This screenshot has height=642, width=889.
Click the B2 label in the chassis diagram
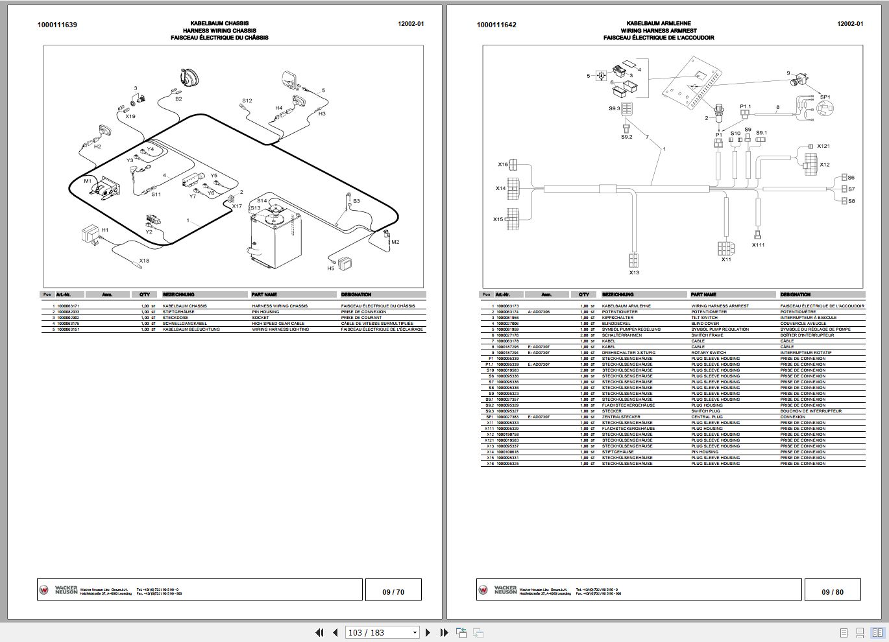(178, 99)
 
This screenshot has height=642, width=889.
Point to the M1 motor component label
(88, 182)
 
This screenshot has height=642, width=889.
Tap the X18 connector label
(144, 261)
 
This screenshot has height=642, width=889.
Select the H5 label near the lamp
(331, 268)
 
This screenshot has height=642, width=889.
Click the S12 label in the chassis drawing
(247, 101)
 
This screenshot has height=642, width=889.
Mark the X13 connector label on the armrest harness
(633, 272)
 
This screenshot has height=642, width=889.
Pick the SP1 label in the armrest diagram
(825, 97)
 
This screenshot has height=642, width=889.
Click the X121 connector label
(823, 147)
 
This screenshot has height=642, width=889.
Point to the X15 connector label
(498, 219)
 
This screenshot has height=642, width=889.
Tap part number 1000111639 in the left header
(58, 25)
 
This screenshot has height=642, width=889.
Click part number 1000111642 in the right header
(496, 25)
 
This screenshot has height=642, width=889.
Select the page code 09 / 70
(393, 591)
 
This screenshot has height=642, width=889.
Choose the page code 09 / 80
(833, 591)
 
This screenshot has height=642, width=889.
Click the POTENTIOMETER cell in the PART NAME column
(709, 312)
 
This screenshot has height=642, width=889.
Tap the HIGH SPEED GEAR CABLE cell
(278, 324)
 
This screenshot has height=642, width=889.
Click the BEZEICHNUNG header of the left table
(178, 294)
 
